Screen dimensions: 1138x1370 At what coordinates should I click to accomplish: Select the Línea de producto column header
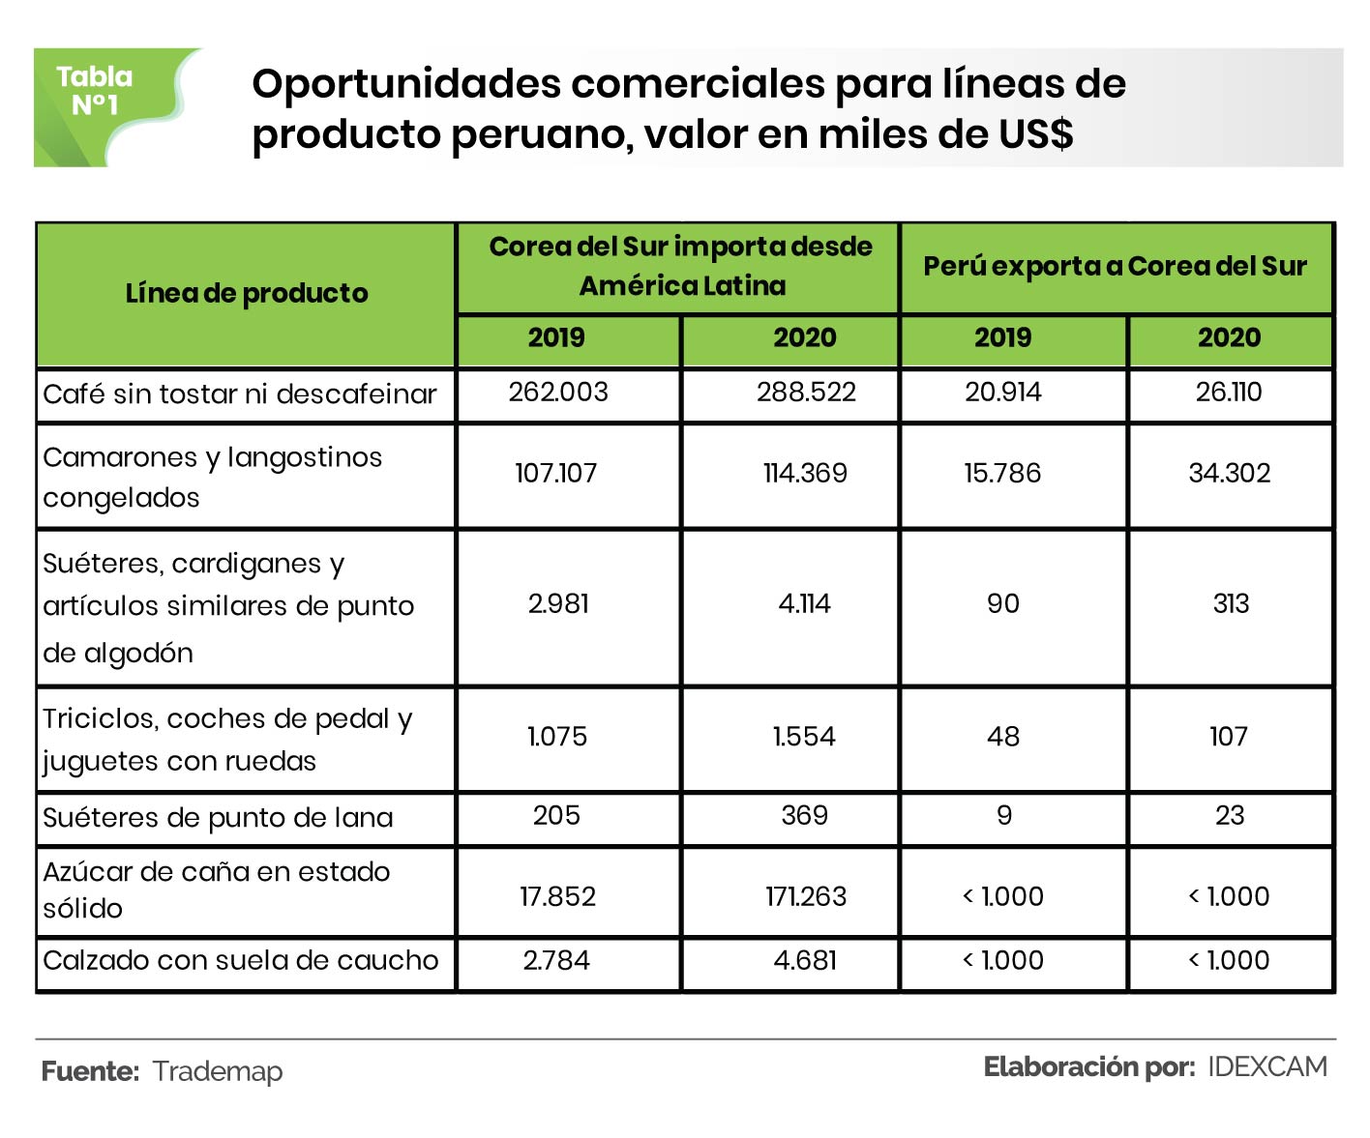pyautogui.click(x=247, y=293)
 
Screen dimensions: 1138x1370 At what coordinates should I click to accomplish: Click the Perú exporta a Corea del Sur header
pyautogui.click(x=1115, y=267)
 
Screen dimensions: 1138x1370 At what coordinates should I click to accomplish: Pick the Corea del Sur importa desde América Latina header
pyautogui.click(x=681, y=266)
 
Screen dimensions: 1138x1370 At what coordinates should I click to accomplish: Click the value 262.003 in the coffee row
pyautogui.click(x=558, y=392)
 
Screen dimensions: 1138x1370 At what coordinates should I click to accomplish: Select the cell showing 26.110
pyautogui.click(x=1229, y=392)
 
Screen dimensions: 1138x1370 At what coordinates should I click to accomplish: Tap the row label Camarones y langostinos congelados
pyautogui.click(x=213, y=477)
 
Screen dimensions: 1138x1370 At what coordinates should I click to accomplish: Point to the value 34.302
pyautogui.click(x=1229, y=473)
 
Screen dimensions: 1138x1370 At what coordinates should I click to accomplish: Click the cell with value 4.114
pyautogui.click(x=804, y=604)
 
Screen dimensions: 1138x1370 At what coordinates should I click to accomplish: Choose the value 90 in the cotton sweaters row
pyautogui.click(x=1003, y=604)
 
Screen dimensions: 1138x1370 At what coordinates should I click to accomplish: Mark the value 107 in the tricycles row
pyautogui.click(x=1229, y=737)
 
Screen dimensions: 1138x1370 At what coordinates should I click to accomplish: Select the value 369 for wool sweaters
pyautogui.click(x=804, y=815)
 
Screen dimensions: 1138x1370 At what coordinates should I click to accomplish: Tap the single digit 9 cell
pyautogui.click(x=1004, y=815)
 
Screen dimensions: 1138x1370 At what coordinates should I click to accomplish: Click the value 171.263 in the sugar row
pyautogui.click(x=805, y=896)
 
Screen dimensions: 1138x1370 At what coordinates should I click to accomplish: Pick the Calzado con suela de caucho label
pyautogui.click(x=241, y=960)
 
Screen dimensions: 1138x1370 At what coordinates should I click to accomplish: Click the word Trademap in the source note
pyautogui.click(x=218, y=1071)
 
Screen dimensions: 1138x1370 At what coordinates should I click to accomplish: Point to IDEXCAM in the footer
pyautogui.click(x=1267, y=1066)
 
